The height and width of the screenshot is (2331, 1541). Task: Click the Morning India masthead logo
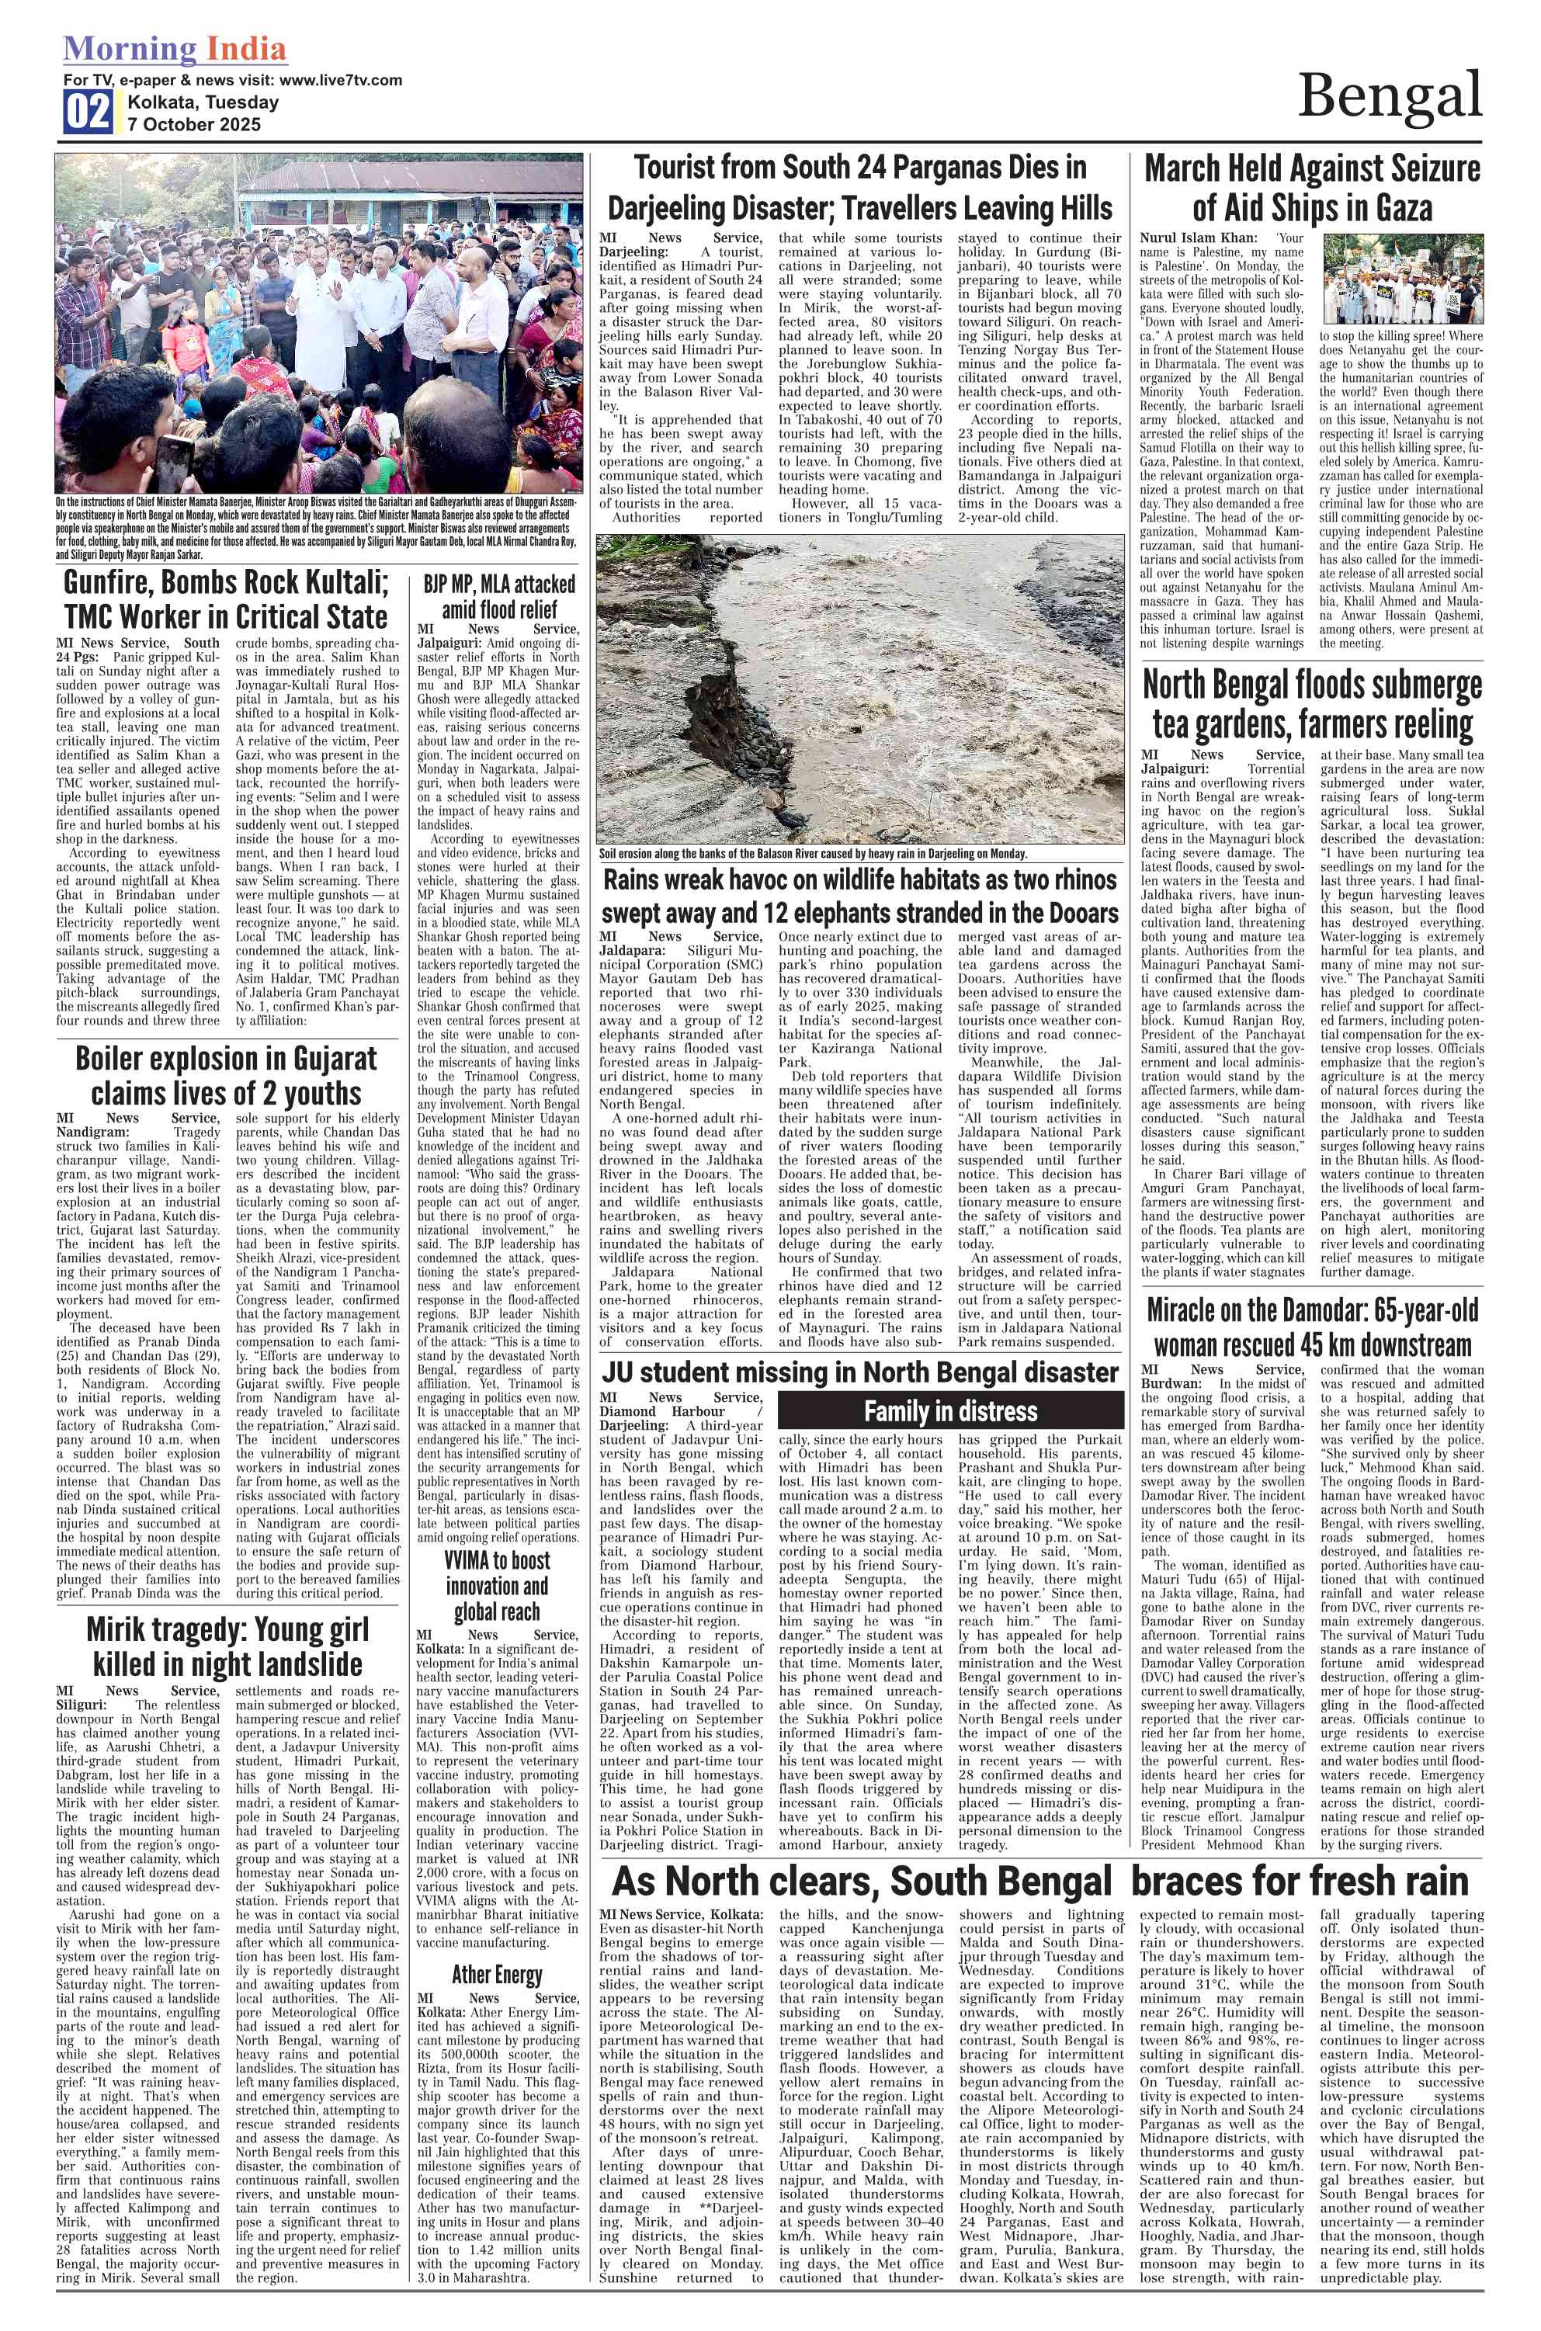[175, 49]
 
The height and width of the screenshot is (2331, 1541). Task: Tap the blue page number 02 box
[89, 112]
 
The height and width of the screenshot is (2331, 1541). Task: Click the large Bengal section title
[1389, 96]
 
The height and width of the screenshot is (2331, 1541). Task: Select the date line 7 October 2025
[193, 125]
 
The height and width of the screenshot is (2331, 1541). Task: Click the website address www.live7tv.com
[340, 81]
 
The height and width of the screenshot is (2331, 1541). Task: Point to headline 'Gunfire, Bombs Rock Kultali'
[226, 599]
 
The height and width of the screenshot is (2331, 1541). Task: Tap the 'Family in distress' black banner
[950, 1412]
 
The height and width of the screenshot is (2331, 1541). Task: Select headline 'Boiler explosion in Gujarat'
[226, 1076]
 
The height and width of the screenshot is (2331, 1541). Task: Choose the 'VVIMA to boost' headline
[498, 1585]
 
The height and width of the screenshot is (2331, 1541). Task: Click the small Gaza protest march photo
[1403, 279]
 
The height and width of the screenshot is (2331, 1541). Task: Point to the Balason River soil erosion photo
[860, 688]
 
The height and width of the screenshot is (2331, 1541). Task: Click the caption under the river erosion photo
[813, 854]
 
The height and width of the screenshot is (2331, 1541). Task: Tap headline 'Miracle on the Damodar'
[1312, 1327]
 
